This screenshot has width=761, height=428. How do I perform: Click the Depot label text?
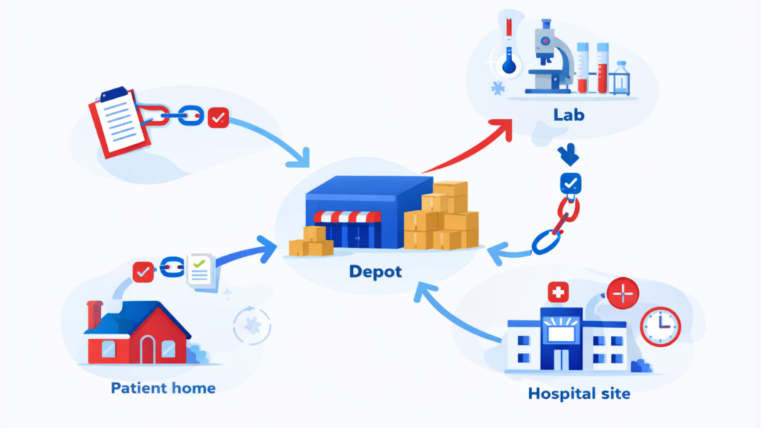(375, 272)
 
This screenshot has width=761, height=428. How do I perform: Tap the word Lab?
(569, 116)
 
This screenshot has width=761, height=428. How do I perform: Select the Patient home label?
(163, 388)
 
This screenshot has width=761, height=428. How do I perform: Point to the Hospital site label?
(579, 393)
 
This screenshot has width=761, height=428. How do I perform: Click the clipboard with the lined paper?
(118, 121)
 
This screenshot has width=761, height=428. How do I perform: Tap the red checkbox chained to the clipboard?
(218, 117)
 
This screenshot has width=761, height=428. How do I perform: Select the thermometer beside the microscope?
(509, 45)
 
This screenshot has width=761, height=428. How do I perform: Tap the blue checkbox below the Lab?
(570, 183)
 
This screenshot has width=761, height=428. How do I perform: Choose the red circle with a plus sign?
(623, 295)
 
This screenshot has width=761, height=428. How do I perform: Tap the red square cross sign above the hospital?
(555, 293)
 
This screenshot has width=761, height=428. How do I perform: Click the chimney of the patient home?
(94, 314)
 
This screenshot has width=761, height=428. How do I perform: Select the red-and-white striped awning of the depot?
(346, 217)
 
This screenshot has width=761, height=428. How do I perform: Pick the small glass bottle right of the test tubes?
(621, 79)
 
